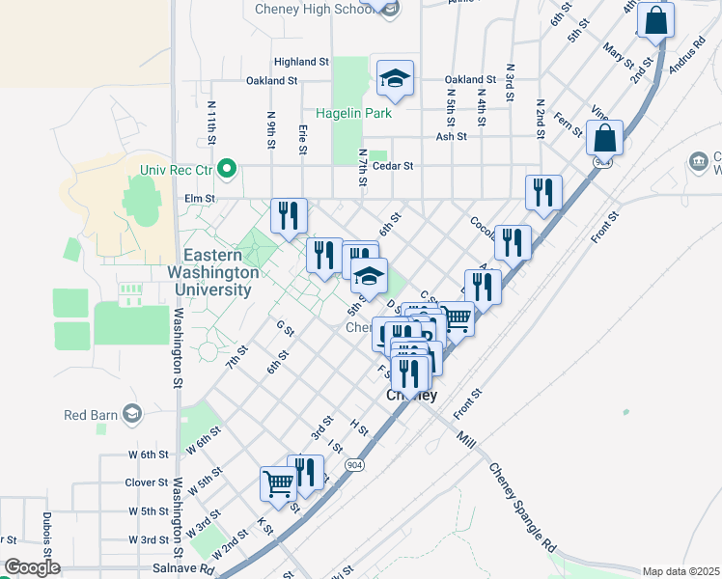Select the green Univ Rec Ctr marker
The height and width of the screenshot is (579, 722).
227,171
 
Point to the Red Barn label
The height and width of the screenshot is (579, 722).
90,415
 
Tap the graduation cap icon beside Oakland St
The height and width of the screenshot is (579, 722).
395,76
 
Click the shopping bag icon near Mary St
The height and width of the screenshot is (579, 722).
655,21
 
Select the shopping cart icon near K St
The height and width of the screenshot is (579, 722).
278,482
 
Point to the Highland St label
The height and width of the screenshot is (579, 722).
300,61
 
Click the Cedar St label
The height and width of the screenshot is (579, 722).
394,166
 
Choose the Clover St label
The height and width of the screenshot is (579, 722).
147,482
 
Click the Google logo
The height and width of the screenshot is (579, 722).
32,567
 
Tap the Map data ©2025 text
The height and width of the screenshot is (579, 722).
680,571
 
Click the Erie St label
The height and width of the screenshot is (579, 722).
302,137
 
